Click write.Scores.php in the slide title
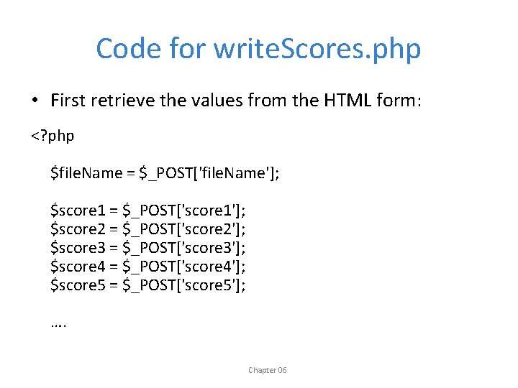click(x=317, y=49)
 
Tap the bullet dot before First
click(x=35, y=100)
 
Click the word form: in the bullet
click(x=398, y=100)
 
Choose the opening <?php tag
click(x=53, y=134)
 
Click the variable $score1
click(x=79, y=210)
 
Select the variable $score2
click(x=79, y=228)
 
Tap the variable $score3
click(x=79, y=248)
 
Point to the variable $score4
click(x=79, y=267)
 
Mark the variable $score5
click(x=79, y=286)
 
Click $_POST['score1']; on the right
click(x=184, y=210)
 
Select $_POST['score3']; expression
click(x=184, y=248)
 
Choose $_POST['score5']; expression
click(x=184, y=286)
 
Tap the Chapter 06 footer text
click(x=267, y=370)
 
